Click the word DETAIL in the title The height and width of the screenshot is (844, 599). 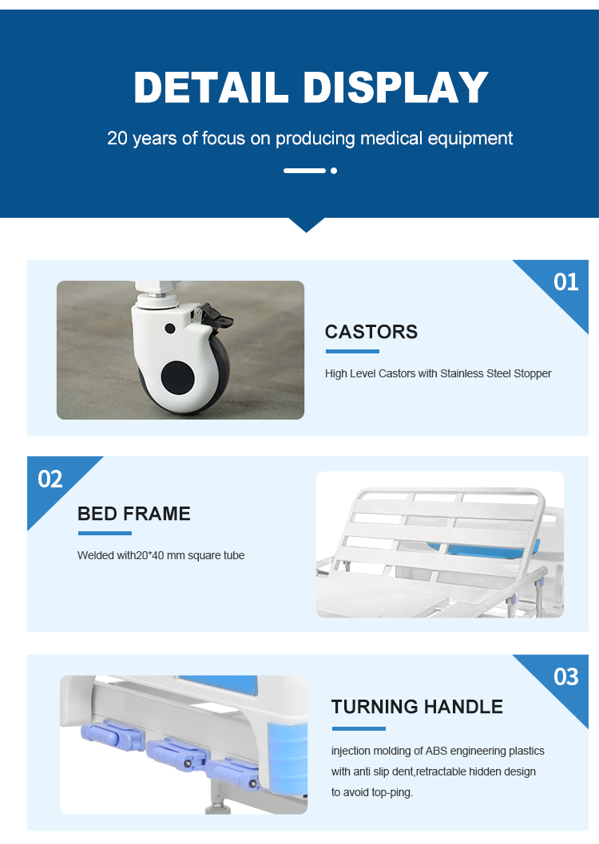click(211, 87)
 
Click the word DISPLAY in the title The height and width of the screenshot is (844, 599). click(396, 87)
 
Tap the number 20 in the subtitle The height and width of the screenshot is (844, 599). click(117, 138)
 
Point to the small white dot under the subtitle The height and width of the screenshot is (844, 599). click(334, 171)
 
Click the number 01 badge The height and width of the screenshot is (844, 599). click(565, 282)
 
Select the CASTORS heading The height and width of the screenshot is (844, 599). click(371, 332)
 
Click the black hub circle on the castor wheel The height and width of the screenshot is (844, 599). click(178, 377)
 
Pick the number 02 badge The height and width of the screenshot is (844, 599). click(50, 479)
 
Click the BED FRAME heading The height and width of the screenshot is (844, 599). click(134, 514)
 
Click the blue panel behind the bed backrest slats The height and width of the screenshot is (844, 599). click(479, 550)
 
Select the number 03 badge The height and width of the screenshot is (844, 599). click(565, 676)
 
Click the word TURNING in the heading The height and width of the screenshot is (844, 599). click(375, 706)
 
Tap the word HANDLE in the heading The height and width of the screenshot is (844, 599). click(463, 706)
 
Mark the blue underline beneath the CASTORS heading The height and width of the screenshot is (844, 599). click(352, 352)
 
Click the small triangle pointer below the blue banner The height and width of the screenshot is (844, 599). click(307, 224)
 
